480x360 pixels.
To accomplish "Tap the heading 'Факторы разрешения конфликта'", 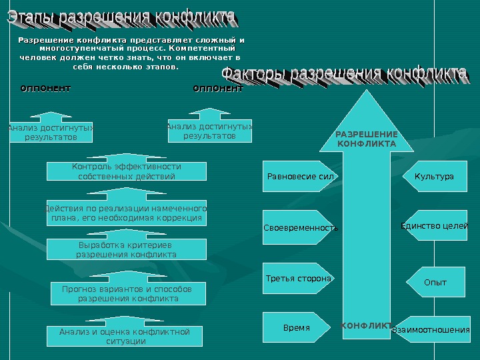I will tap(343, 73).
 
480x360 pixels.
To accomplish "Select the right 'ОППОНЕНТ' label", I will tap(217, 88).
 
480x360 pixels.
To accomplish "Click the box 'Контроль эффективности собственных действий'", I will tap(127, 171).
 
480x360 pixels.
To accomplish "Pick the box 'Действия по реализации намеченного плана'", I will tap(127, 213).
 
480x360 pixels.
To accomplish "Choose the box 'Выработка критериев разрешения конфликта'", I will tap(127, 250).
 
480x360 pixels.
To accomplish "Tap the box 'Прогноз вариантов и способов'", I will tap(127, 294).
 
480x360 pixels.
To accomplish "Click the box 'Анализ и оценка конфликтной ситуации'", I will tap(125, 337).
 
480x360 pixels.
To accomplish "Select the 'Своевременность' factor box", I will tap(300, 227).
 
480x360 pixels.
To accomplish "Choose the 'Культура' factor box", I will tap(435, 177).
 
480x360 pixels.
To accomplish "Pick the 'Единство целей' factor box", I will tap(435, 227).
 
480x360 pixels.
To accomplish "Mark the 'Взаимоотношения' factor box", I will tap(431, 329).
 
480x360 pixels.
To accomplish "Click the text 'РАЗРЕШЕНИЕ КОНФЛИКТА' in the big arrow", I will tap(366, 139).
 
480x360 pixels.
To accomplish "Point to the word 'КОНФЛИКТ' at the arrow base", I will tap(366, 325).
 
